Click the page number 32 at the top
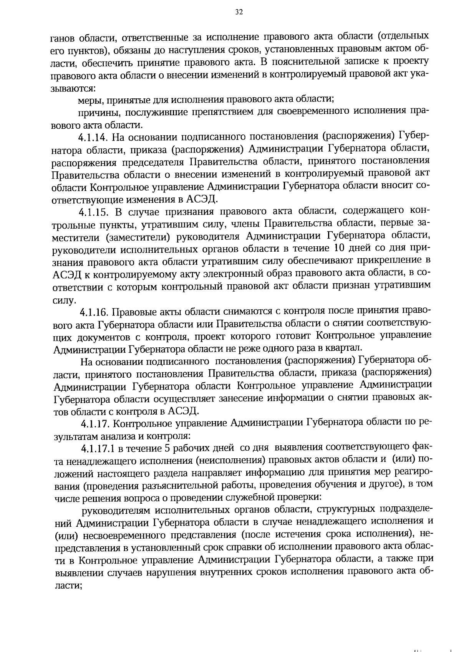click(x=239, y=12)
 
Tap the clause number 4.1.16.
click(x=96, y=312)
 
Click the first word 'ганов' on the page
click(x=63, y=38)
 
